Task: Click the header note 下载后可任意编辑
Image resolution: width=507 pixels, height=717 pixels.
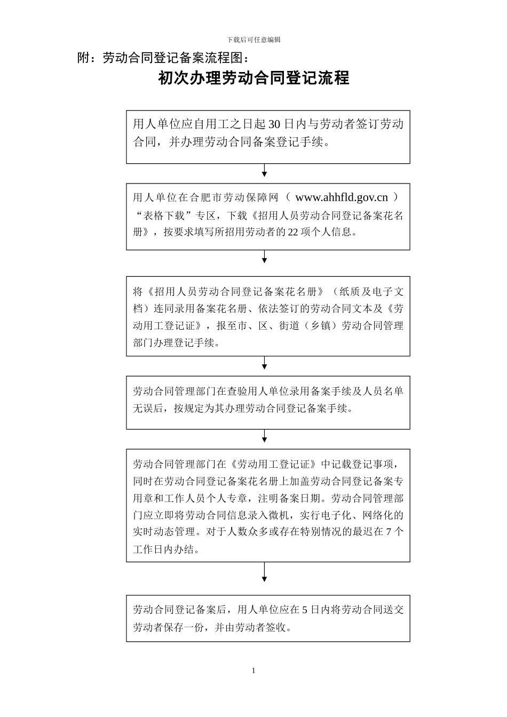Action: pos(253,39)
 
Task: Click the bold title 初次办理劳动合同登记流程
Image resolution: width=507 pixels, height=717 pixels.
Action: pos(253,78)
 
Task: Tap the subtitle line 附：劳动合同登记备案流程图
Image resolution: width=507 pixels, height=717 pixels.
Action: pos(163,58)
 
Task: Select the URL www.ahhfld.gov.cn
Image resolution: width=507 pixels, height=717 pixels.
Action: pos(342,197)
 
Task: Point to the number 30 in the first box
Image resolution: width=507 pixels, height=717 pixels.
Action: pos(274,125)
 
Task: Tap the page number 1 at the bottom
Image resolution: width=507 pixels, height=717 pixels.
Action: pos(253,671)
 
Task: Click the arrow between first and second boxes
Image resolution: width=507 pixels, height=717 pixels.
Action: pos(264,171)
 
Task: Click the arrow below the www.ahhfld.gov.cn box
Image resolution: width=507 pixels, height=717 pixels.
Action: pos(264,257)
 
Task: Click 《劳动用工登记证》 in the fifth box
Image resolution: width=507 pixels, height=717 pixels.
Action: pos(274,464)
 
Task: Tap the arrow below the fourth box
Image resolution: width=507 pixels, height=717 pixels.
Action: pos(264,436)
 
